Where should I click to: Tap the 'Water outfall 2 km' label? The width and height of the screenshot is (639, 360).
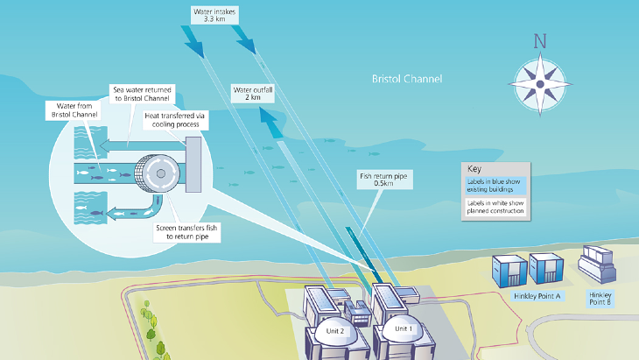pos(251,95)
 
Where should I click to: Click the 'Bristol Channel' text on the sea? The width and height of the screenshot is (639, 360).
pos(406,79)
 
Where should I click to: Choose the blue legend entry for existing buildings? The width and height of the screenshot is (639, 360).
pos(496,185)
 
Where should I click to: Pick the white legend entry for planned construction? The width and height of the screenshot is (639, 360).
pos(496,207)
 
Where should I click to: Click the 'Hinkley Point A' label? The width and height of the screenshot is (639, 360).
pos(537,296)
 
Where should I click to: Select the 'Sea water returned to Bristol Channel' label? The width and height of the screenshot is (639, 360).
pos(145,93)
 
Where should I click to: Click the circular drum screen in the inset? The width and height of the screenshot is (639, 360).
pos(161,173)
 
